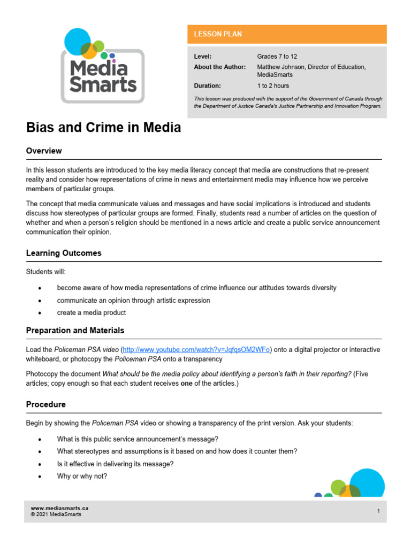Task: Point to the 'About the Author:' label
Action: pos(219,67)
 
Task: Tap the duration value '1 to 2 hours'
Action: pos(273,85)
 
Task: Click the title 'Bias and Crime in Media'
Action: pos(103,128)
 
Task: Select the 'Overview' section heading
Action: pos(44,151)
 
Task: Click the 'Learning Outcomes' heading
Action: pos(64,253)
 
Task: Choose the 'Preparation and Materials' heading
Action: pos(75,331)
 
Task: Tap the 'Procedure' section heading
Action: pos(45,404)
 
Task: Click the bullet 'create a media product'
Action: pos(91,313)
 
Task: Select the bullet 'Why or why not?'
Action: pos(82,476)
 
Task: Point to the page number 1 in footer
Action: pos(378,511)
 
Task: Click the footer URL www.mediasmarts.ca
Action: pos(59,509)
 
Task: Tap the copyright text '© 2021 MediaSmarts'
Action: pos(56,515)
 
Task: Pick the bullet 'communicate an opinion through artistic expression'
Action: pos(133,300)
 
